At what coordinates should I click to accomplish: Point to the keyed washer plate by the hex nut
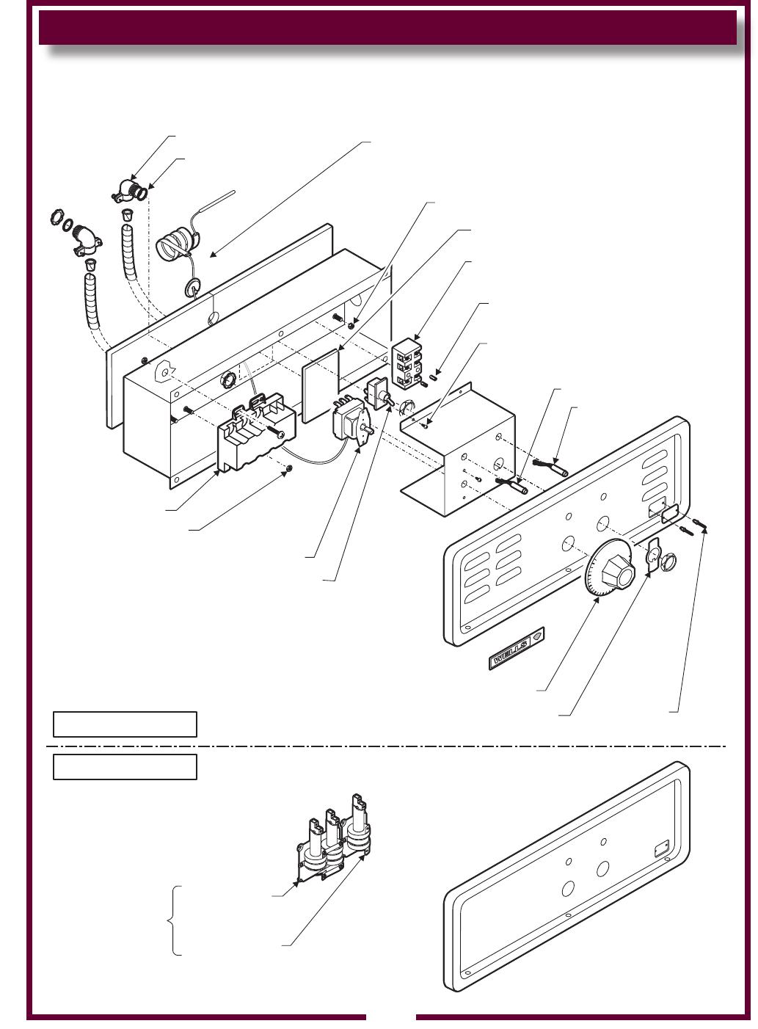coord(653,555)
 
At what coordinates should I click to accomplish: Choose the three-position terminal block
coord(407,364)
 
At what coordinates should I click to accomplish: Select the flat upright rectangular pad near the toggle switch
coord(321,386)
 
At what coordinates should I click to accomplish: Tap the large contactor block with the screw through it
coord(256,432)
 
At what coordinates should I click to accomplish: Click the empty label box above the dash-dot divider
coord(125,724)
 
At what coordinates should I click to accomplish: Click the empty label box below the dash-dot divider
coord(125,767)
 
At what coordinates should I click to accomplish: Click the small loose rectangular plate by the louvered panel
coord(671,513)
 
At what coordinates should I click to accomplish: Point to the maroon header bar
coord(387,28)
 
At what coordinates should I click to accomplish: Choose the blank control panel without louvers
coord(567,876)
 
